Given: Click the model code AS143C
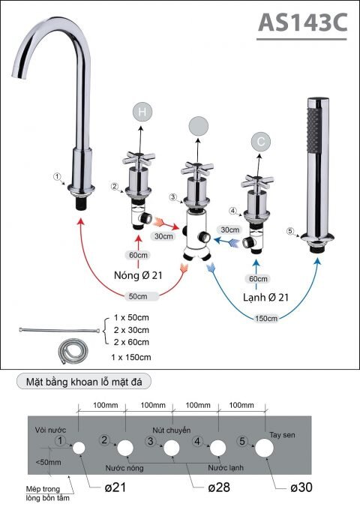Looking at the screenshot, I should click(302, 24).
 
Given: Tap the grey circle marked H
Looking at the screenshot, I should click(142, 112).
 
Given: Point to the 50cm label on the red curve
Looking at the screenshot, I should click(136, 295).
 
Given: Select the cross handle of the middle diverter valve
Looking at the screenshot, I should click(196, 169).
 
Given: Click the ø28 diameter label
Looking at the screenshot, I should click(220, 487).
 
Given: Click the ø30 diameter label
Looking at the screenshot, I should click(301, 487).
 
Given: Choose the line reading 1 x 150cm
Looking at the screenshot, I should click(130, 357).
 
